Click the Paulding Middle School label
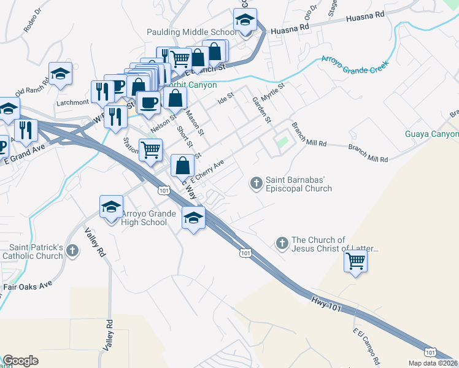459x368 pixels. (x=191, y=32)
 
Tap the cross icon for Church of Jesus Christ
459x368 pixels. (x=282, y=243)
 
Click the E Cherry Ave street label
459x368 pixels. (x=209, y=171)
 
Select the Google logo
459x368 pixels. (x=20, y=361)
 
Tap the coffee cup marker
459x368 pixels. (x=148, y=102)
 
